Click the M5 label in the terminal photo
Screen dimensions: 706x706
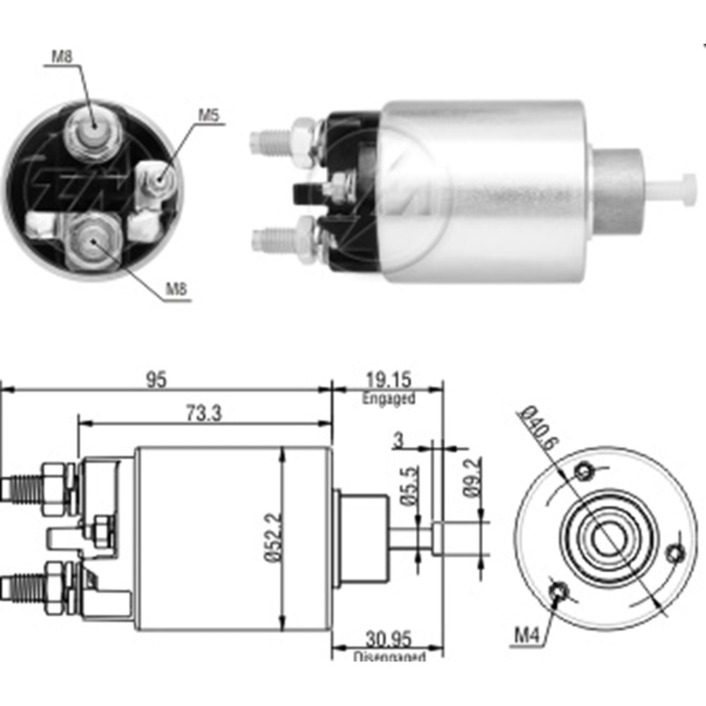click(x=208, y=115)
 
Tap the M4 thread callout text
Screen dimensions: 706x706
click(x=526, y=635)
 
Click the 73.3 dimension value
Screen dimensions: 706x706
click(x=203, y=414)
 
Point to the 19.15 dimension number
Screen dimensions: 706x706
click(x=388, y=381)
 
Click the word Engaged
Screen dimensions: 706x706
click(x=388, y=398)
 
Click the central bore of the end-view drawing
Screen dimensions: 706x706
click(x=604, y=540)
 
